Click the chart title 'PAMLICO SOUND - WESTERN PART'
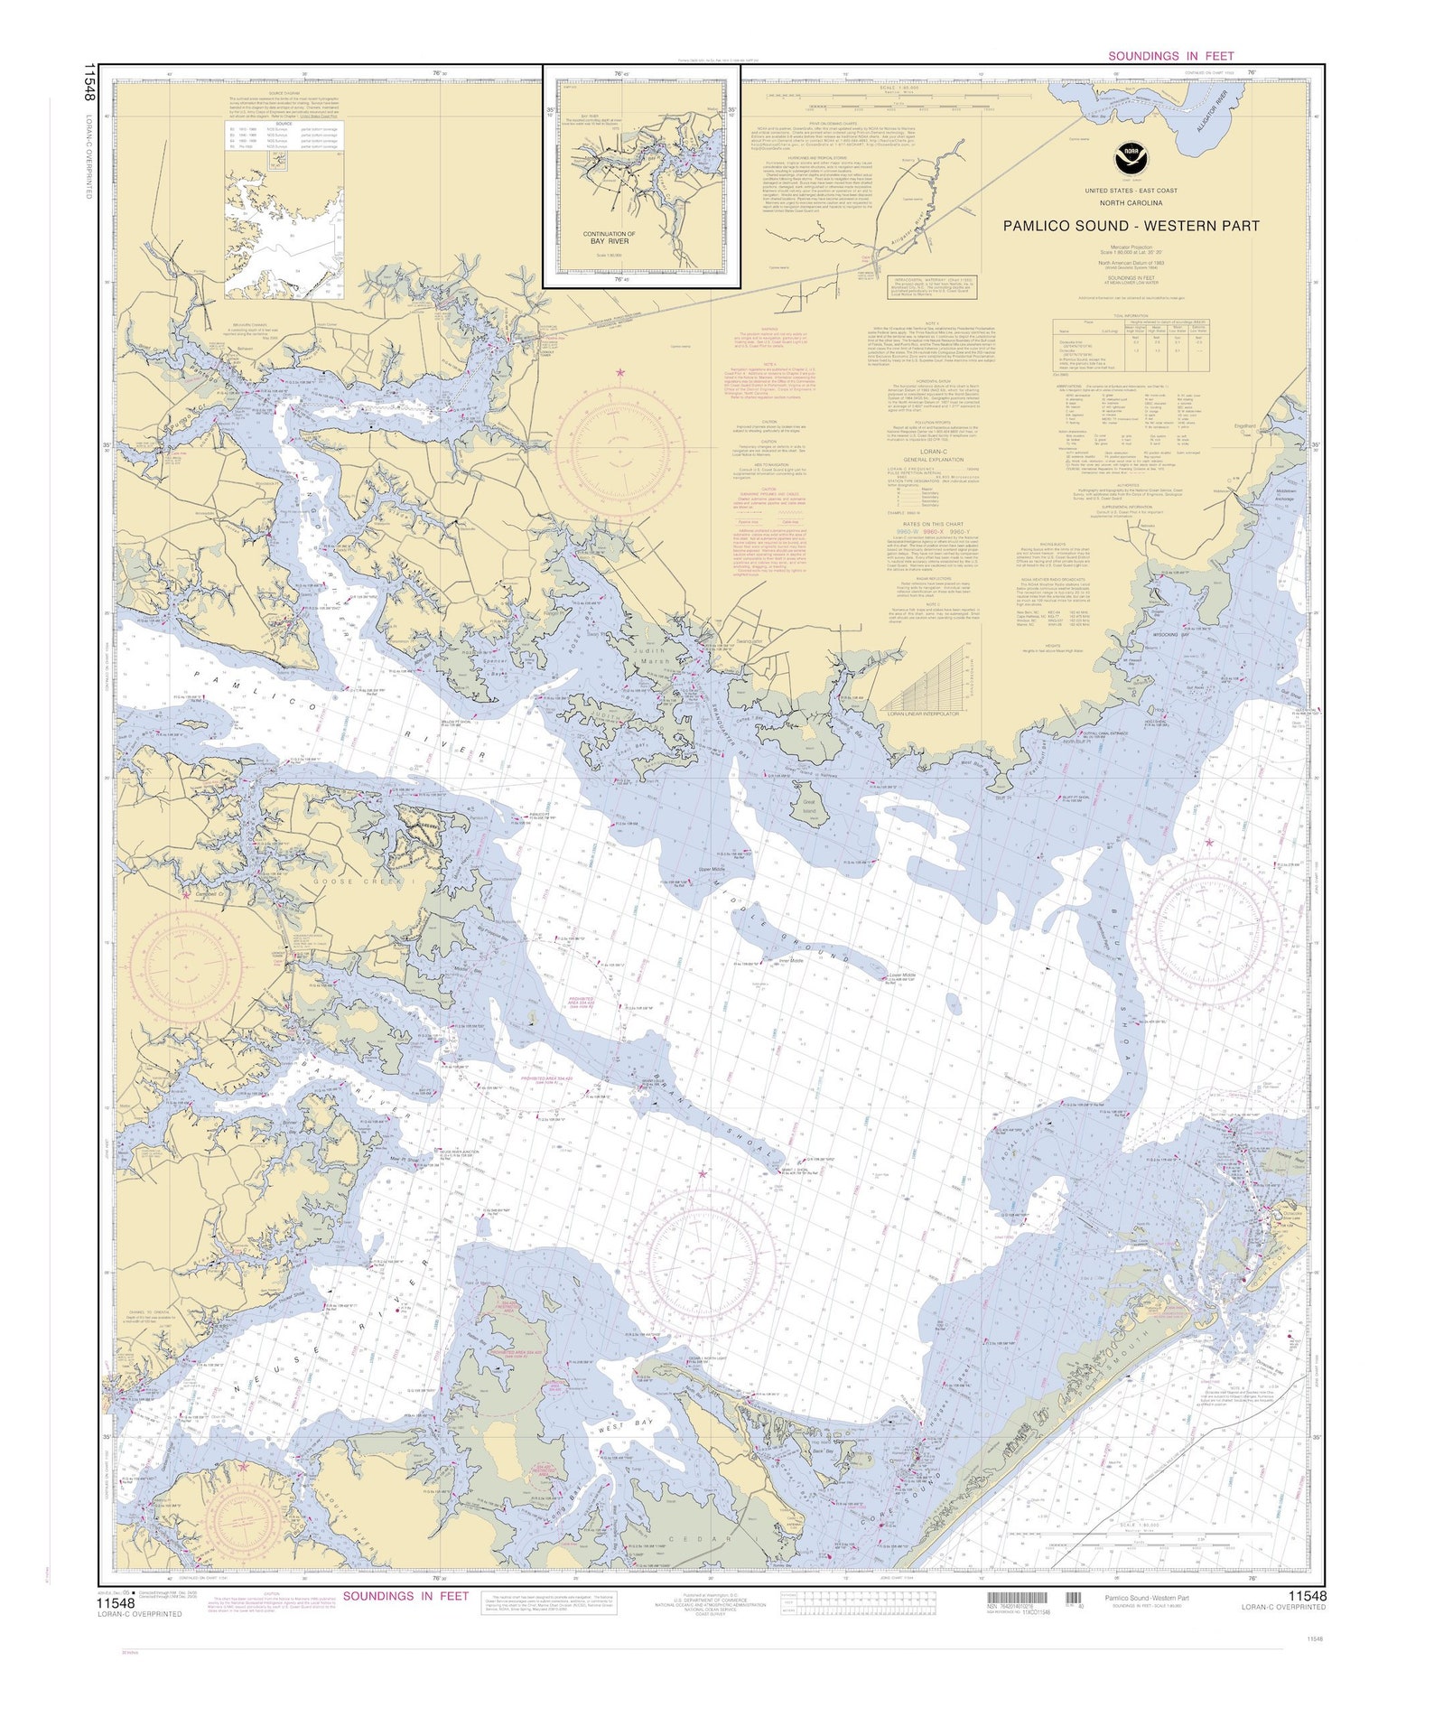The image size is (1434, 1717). [1131, 226]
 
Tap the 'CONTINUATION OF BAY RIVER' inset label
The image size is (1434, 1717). [609, 238]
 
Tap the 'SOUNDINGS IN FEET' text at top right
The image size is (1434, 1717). [1170, 56]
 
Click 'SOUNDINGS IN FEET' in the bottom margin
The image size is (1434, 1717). [405, 1596]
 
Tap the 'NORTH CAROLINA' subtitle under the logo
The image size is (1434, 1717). [1131, 203]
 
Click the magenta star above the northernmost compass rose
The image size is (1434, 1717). [619, 372]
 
